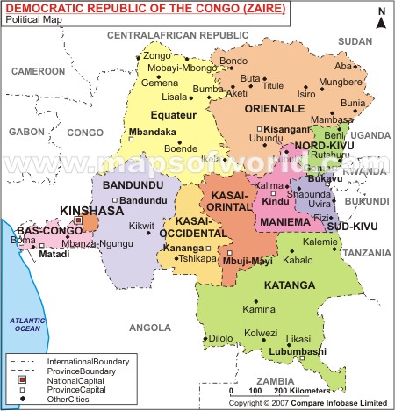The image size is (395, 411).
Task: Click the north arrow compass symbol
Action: click(379, 17)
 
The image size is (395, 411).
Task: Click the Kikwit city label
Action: click(142, 226)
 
